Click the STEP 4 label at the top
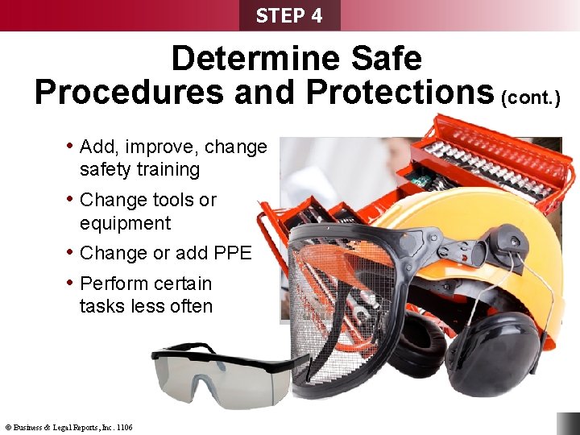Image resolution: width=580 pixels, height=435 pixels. tap(289, 15)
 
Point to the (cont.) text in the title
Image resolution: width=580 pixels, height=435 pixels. tap(530, 97)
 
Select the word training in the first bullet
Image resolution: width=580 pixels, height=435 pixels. tap(168, 170)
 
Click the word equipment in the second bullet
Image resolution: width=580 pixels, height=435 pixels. tap(126, 223)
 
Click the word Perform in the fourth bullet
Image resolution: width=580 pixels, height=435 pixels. tap(113, 284)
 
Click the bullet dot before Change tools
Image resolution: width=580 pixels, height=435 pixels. tap(70, 198)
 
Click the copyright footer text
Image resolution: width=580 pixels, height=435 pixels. tap(69, 427)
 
